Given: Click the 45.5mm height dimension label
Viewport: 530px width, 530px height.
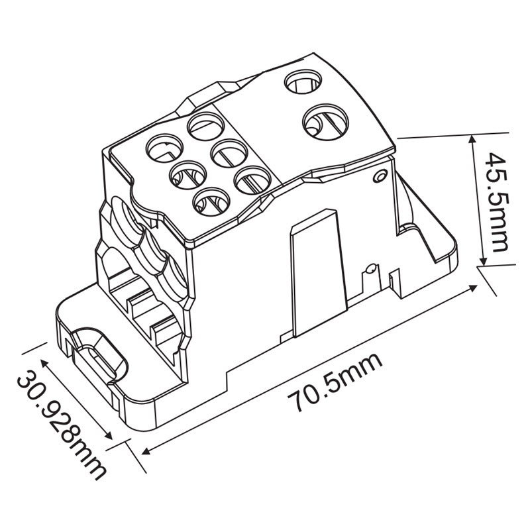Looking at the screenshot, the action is pos(496,202).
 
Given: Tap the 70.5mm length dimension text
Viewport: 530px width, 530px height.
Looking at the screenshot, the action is pos(335,383).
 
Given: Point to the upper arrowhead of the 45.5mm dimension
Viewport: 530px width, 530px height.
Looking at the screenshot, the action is pos(472,139).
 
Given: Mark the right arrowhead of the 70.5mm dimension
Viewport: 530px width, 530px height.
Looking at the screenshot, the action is pos(472,288).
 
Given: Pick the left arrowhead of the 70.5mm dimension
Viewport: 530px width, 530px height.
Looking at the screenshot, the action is pos(147,451).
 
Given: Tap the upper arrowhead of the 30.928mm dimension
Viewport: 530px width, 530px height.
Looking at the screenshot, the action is pos(44,363).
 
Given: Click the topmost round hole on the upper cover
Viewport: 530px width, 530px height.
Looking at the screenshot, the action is pos(303,81).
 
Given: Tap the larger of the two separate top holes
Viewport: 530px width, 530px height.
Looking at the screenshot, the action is pos(325,121).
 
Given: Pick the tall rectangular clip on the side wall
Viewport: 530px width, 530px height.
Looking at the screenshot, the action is pos(319,273).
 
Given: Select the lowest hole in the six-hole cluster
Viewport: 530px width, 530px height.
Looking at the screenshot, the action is pos(211,203).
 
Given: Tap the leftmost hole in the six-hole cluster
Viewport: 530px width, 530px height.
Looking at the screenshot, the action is pos(164,148).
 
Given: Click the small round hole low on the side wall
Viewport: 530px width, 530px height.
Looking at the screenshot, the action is pos(370,270).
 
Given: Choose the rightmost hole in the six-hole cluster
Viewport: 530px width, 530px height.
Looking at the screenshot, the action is pos(253,180).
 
